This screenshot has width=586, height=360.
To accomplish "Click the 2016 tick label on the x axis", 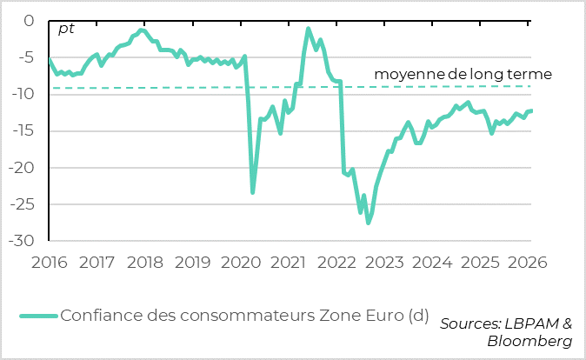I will coord(50,261).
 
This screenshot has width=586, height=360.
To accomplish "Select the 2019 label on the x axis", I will coord(193,261).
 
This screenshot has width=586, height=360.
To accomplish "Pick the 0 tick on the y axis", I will coord(29,21).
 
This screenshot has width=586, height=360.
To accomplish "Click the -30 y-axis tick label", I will coord(23,241).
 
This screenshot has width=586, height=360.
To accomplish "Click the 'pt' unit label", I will coord(66,29).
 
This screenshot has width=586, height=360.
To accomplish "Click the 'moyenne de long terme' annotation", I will coord(463,75).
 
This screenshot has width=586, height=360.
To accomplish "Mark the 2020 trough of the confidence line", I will coord(253,192).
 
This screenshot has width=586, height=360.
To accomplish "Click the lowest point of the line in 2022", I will coord(369,223).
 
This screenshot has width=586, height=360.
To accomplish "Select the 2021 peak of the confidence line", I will coord(309,29).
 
